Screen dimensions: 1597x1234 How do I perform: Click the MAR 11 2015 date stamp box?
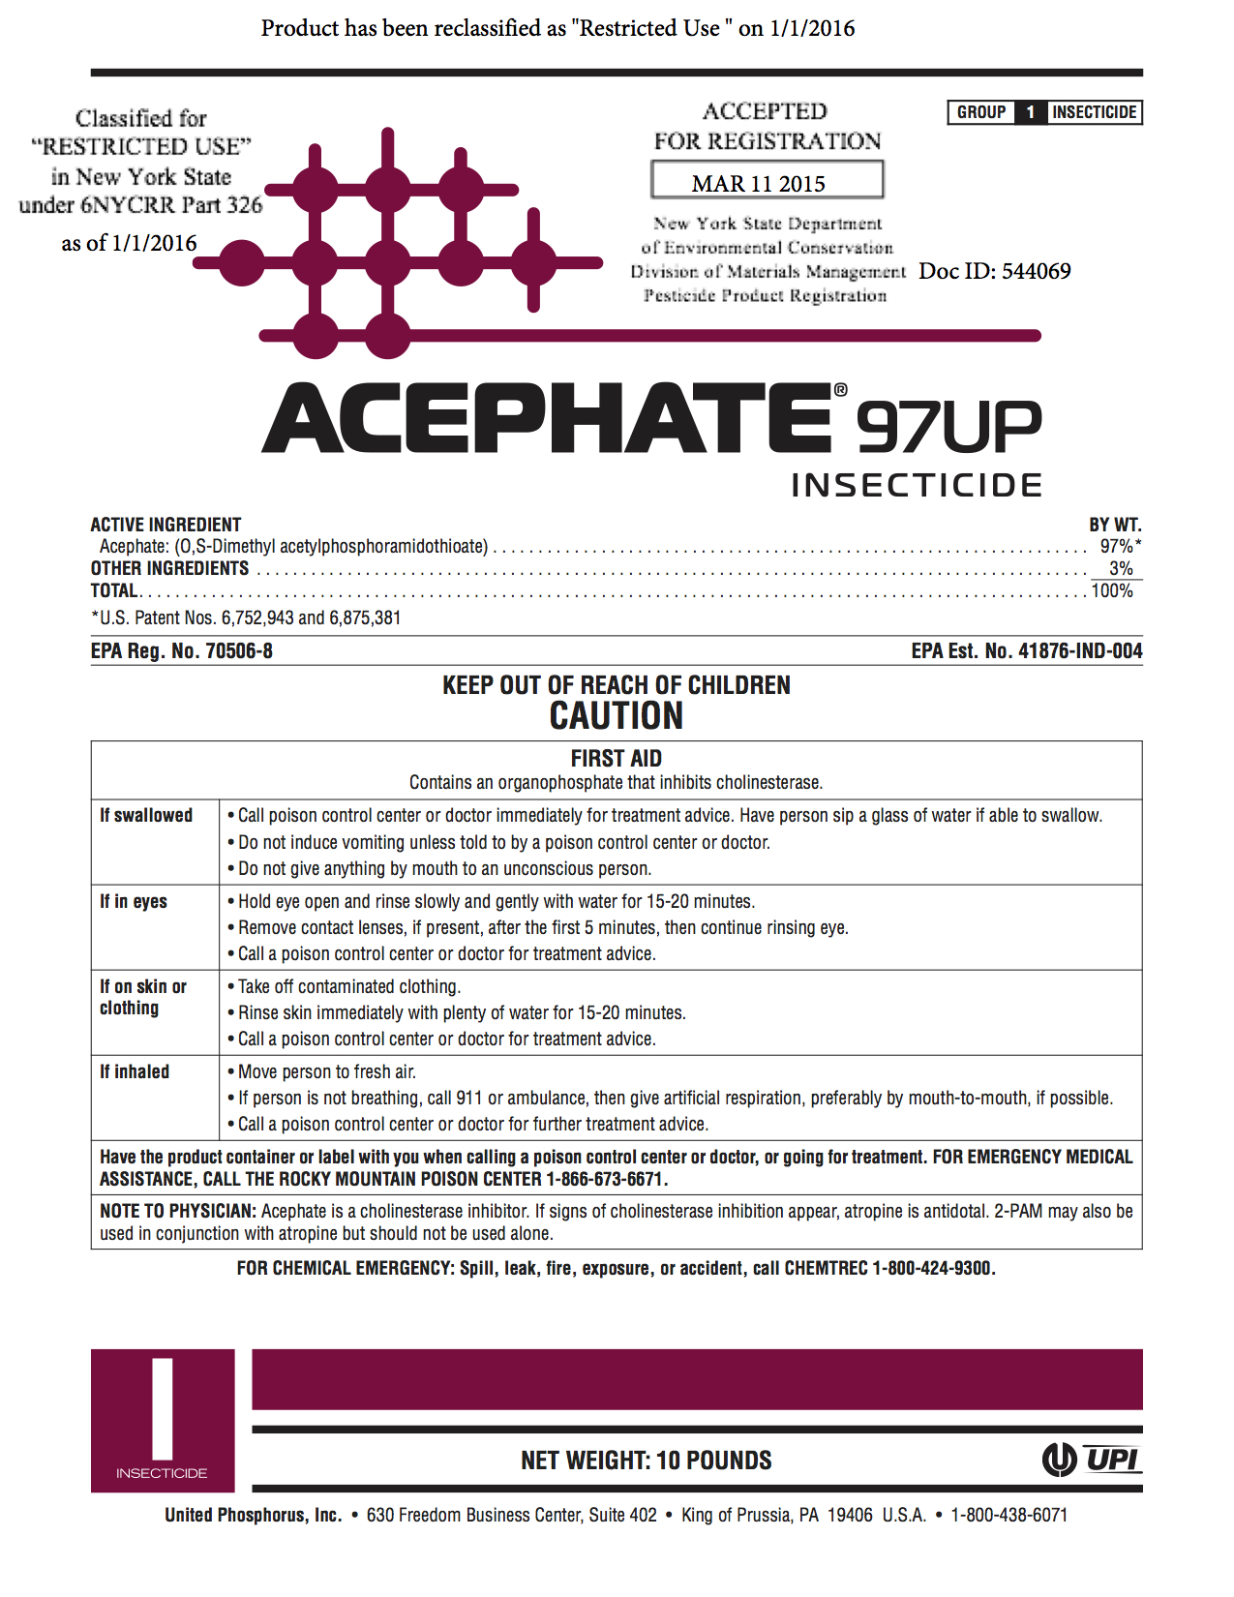click(x=767, y=180)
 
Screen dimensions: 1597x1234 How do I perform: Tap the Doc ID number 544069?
click(x=1036, y=271)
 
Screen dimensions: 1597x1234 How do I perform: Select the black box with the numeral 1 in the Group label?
click(x=1030, y=112)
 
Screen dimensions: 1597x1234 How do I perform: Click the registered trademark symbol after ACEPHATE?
click(x=840, y=390)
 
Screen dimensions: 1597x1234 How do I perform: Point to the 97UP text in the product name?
click(x=948, y=427)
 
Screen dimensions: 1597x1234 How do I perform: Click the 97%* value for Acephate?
click(x=1120, y=546)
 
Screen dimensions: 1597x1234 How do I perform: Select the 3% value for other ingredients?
click(x=1121, y=568)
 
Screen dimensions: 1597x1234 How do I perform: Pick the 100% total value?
click(x=1112, y=590)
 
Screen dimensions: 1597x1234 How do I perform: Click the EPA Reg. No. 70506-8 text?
click(x=182, y=651)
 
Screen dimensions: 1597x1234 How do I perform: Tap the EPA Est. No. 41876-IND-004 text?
click(x=1026, y=651)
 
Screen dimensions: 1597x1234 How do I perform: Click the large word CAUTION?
click(x=617, y=716)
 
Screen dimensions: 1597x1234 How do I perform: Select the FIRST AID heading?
click(x=617, y=758)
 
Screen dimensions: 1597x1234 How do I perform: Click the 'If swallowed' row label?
click(x=146, y=815)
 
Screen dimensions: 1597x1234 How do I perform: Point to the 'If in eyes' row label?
click(x=134, y=901)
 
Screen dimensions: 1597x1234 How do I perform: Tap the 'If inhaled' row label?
click(x=135, y=1071)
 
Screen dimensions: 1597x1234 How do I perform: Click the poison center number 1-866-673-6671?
click(x=606, y=1179)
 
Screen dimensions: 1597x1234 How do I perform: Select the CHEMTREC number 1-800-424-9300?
click(x=932, y=1268)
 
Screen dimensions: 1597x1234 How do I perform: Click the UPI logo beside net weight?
click(x=1092, y=1459)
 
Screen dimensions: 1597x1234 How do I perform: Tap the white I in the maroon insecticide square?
click(x=163, y=1408)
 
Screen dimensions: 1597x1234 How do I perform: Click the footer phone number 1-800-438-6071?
click(x=1008, y=1515)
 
